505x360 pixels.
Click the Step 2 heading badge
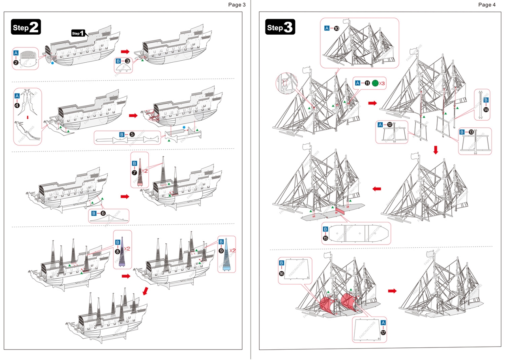[26, 27]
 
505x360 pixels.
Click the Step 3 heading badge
[280, 27]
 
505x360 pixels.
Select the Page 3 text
[237, 5]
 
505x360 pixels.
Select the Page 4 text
[486, 5]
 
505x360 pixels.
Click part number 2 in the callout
[16, 62]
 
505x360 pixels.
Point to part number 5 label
[132, 134]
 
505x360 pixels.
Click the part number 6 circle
[103, 213]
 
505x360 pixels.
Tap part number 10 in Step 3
[337, 28]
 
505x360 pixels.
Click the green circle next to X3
[375, 83]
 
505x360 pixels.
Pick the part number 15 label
[325, 238]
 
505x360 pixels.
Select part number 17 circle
[383, 332]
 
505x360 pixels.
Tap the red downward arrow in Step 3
[436, 150]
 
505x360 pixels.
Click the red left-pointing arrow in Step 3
[377, 189]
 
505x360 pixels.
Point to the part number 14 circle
[486, 109]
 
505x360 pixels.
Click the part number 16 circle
[282, 273]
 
